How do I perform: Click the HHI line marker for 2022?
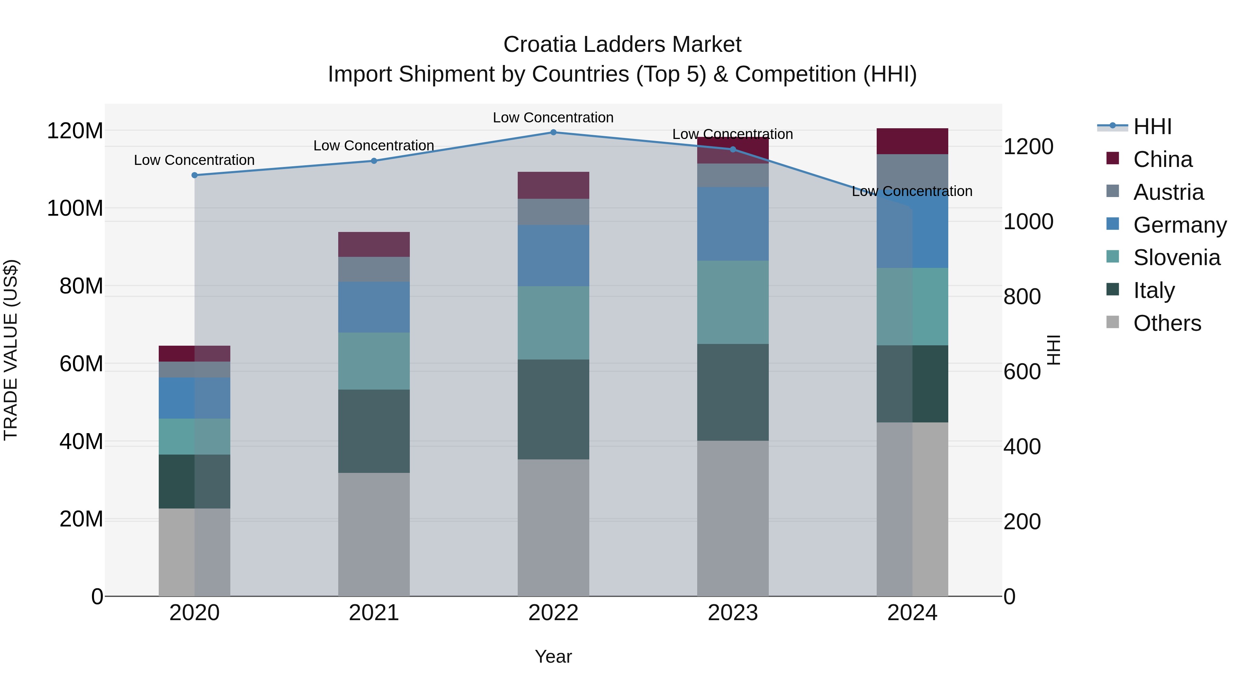[x=553, y=132]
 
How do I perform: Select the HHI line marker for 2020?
[x=195, y=175]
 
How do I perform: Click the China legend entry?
[x=1162, y=159]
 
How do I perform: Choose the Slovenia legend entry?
[x=1177, y=258]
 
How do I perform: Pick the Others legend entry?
[x=1167, y=323]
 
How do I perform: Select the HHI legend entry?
[x=1152, y=127]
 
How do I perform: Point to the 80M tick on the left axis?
[x=81, y=286]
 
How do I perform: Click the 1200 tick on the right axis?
[x=1029, y=147]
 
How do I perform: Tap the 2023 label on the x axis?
[x=733, y=613]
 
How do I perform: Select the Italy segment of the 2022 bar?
[x=553, y=409]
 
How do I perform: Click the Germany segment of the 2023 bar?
[x=733, y=224]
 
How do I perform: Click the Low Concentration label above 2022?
[x=553, y=118]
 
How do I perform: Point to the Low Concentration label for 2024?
[x=912, y=191]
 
